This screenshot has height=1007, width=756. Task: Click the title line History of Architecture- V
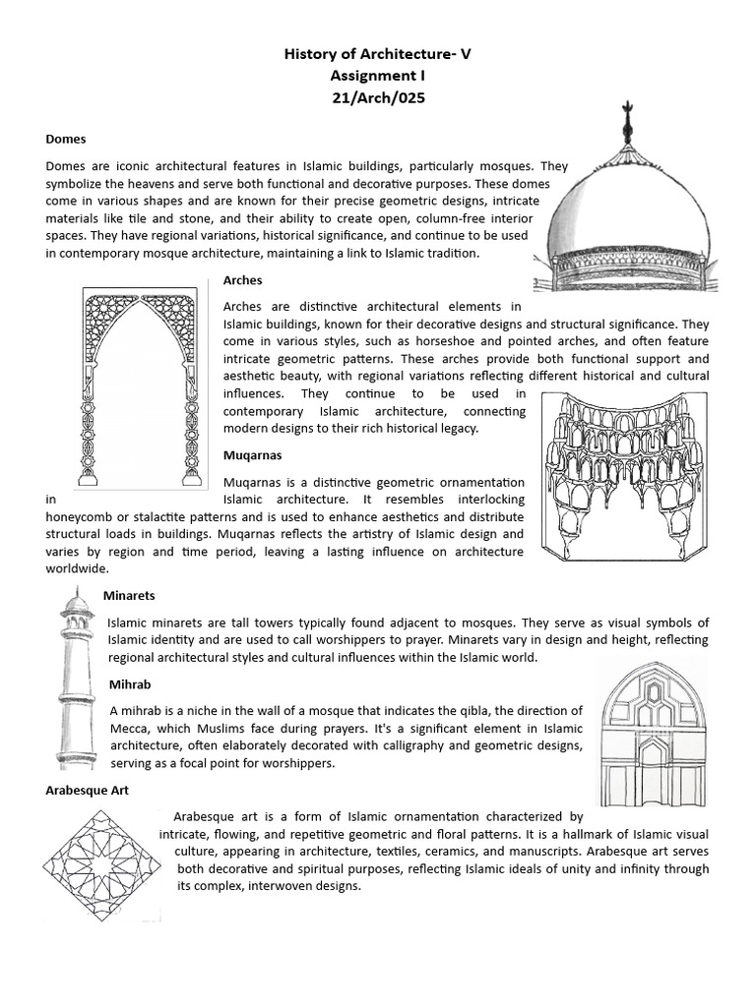(x=378, y=55)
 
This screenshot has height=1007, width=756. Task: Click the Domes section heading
(x=66, y=140)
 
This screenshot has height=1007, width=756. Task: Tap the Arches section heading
(x=243, y=280)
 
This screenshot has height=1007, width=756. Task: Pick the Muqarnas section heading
(x=253, y=455)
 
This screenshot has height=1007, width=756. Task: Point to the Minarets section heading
(x=129, y=596)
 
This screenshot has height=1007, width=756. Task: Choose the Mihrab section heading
(x=130, y=683)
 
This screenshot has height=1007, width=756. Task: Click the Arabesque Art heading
(x=87, y=790)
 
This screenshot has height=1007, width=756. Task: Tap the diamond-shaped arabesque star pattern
(x=101, y=865)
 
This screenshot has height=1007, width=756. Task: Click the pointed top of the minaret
(x=76, y=592)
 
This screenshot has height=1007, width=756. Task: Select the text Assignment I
(x=378, y=76)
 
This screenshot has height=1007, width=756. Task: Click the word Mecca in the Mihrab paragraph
(x=132, y=728)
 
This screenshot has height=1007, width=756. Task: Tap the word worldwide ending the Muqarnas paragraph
(x=77, y=568)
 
